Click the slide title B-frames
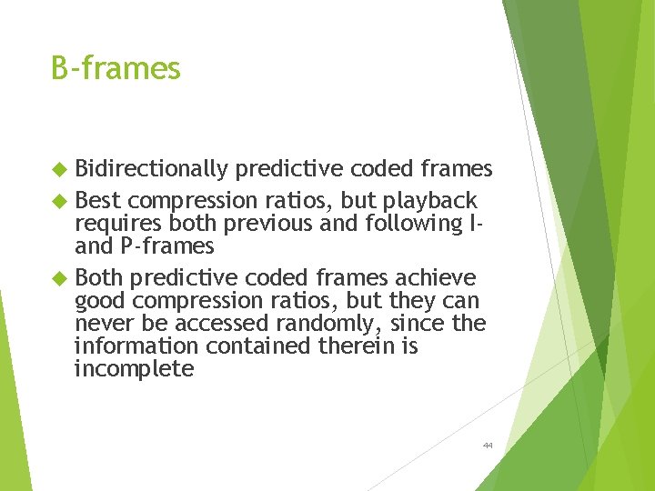116,68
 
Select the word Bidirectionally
151,169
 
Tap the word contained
257,346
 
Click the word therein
359,346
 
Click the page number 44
488,446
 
